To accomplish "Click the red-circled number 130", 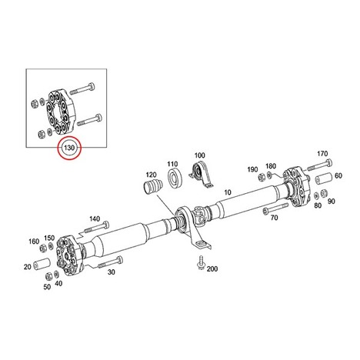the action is [x=69, y=148].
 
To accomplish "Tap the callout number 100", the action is [x=199, y=155].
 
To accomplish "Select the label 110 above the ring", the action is [x=172, y=164].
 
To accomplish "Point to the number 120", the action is [x=151, y=175].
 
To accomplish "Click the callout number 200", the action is [x=212, y=268].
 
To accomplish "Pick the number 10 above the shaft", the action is [x=228, y=192].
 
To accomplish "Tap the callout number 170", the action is [x=322, y=154].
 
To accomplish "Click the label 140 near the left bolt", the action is [x=95, y=218].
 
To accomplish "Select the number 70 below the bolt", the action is [x=274, y=218].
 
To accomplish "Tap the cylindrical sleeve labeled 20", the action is [x=42, y=265].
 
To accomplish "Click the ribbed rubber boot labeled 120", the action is [x=152, y=187].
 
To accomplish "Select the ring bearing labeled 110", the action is [x=175, y=177].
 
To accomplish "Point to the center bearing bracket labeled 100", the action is [x=202, y=175].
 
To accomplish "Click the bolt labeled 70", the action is [x=275, y=208].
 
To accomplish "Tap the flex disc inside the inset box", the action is [x=62, y=112].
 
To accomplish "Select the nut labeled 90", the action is [x=324, y=193].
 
